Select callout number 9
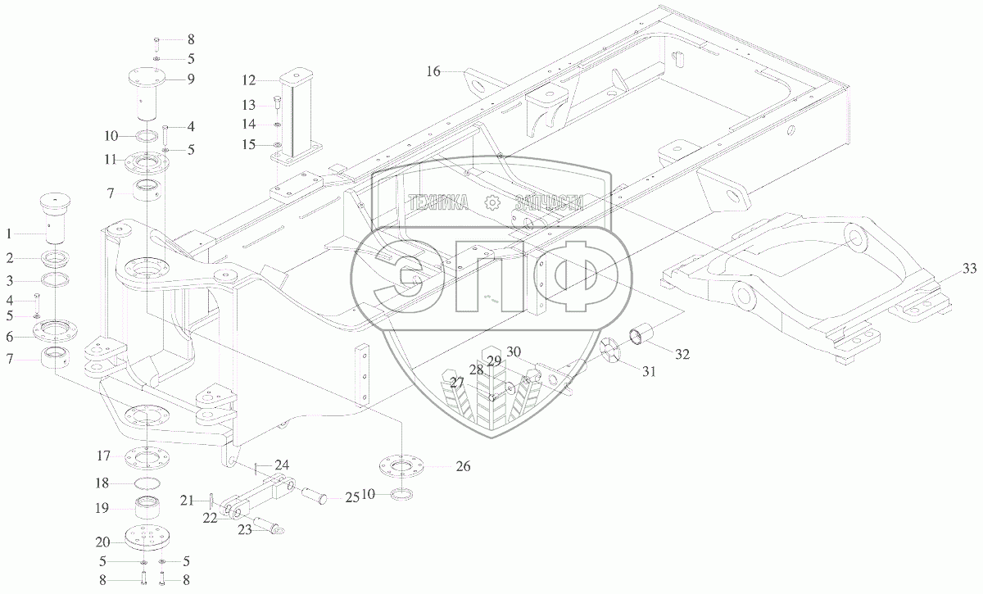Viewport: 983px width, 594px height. pos(190,79)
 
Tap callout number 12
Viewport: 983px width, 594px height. pos(249,80)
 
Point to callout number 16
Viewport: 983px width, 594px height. pos(433,72)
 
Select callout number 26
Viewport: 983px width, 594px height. pos(463,467)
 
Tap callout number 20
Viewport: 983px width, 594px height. pos(104,542)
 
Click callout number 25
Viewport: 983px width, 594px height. pos(352,497)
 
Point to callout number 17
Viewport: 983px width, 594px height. pos(104,456)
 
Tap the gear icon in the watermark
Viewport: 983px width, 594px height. pos(491,202)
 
